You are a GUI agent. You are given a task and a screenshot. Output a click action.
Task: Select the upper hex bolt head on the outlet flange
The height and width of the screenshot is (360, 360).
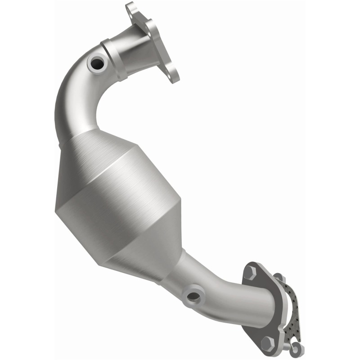(250, 271)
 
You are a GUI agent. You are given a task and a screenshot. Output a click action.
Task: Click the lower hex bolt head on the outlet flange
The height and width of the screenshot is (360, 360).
(268, 342)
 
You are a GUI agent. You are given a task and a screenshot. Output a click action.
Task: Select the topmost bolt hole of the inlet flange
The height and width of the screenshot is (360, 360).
(130, 8)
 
